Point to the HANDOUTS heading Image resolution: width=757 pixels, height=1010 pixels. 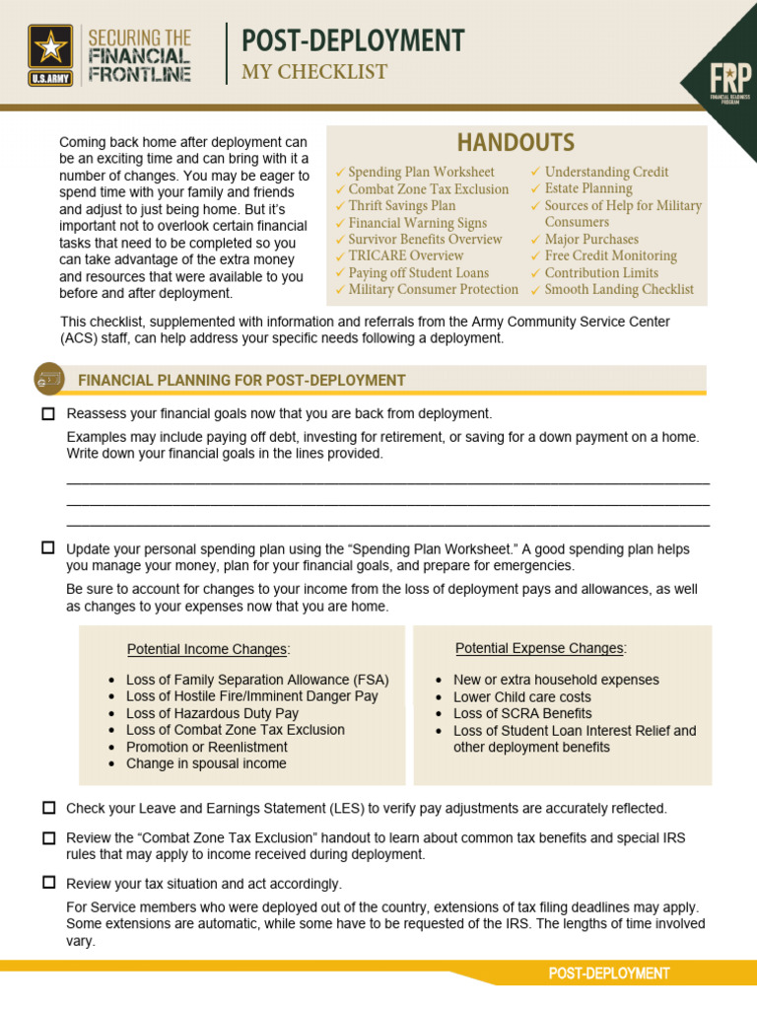[516, 143]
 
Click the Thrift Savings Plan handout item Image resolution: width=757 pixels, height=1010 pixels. [401, 205]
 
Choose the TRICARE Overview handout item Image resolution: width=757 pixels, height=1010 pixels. [405, 255]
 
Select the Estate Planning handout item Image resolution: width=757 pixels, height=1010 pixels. [587, 188]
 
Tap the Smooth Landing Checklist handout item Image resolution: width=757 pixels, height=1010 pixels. [618, 289]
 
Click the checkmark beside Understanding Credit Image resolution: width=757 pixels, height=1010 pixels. [535, 173]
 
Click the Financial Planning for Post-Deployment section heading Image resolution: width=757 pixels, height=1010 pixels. [241, 380]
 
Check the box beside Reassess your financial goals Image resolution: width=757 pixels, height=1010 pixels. [48, 414]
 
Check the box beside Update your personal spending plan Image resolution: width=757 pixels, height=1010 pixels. [48, 547]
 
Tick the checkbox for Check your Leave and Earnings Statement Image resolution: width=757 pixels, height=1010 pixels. [48, 808]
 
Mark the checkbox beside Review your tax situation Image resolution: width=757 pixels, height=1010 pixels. [48, 883]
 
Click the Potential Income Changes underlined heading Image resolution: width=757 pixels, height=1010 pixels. [208, 649]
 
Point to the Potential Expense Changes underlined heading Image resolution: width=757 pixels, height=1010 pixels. [540, 648]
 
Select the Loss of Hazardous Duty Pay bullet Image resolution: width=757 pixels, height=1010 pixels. [212, 713]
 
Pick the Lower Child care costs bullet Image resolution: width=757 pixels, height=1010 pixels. [521, 696]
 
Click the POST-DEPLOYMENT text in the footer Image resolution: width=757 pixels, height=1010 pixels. [609, 974]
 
